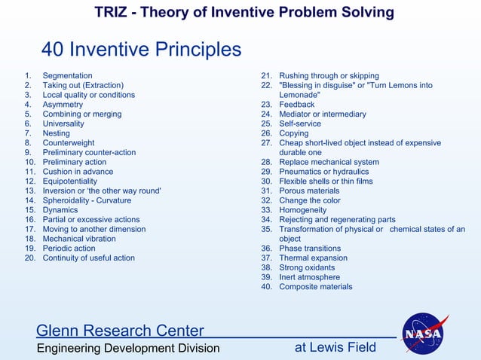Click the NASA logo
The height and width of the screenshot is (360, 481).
tap(426, 333)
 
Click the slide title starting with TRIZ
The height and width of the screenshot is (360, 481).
tap(244, 13)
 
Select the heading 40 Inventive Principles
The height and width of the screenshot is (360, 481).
tap(141, 50)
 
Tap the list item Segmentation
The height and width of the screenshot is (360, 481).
tap(67, 76)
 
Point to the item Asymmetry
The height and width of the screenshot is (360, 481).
tap(63, 105)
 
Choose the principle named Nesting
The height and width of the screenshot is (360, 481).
tap(57, 133)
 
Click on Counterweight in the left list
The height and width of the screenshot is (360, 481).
tap(69, 143)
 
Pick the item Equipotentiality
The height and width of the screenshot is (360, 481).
tap(69, 182)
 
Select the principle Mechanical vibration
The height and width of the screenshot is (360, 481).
tap(79, 239)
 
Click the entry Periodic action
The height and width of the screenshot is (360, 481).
tap(69, 249)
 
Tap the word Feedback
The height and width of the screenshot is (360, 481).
tap(296, 105)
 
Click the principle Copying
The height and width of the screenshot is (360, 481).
tap(294, 133)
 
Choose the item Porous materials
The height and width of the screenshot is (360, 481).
tap(309, 191)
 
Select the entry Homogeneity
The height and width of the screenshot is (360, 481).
tap(303, 210)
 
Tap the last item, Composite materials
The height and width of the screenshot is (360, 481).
tap(315, 287)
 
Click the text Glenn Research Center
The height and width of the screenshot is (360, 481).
tap(120, 331)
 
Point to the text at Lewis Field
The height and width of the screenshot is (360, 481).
tap(335, 347)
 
